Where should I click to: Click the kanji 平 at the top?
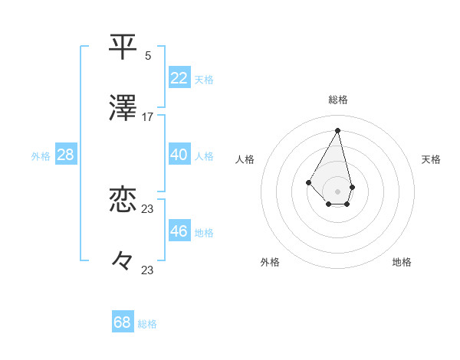point(124,47)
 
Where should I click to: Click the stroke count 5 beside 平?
point(148,55)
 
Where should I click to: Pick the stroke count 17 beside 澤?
point(148,117)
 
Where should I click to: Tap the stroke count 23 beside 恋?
point(148,208)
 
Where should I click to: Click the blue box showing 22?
point(179,77)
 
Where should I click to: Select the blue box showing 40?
point(179,155)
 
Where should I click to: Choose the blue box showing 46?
point(179,231)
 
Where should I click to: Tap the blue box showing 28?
point(66,155)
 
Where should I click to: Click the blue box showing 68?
point(123,322)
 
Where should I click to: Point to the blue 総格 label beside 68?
point(147,324)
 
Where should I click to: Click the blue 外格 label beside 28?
point(41,156)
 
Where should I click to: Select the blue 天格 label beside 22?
point(204,79)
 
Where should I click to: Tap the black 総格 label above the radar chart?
point(337,100)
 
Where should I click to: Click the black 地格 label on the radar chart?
point(402,263)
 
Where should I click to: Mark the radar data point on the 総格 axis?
point(337,130)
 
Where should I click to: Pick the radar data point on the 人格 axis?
point(308,182)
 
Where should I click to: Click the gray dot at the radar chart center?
point(337,191)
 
